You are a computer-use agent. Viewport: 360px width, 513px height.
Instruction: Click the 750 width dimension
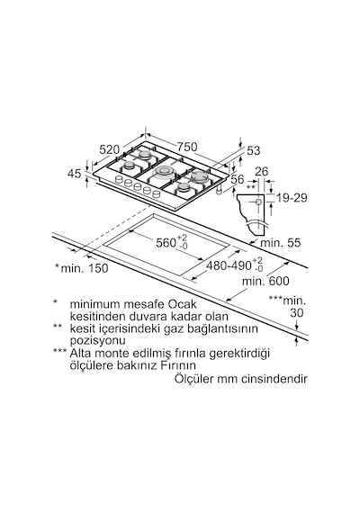pos(187,147)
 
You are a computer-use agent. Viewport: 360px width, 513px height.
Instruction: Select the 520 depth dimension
pos(109,149)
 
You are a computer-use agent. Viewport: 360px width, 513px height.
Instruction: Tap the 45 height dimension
pos(75,174)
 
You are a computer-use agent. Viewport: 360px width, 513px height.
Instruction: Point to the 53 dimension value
pos(253,150)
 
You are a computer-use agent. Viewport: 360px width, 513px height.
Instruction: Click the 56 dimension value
pos(238,179)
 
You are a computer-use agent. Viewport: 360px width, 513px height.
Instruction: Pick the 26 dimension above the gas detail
pos(261,171)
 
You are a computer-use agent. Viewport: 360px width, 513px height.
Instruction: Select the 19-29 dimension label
pos(292,198)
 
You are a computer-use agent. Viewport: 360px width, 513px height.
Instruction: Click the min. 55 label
pos(280,243)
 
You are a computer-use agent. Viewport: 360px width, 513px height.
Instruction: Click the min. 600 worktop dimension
pos(265,281)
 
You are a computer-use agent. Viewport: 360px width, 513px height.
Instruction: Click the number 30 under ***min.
pos(297,313)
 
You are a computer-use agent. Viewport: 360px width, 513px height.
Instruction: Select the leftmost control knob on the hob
pos(119,179)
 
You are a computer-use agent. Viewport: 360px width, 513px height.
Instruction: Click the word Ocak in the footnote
pos(183,304)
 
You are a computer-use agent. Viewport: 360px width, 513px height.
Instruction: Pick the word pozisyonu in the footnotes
pos(97,340)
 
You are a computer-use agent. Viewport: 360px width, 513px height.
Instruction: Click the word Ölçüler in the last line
pos(194,379)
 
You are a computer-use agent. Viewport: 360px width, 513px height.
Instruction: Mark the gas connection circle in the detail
pos(258,202)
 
